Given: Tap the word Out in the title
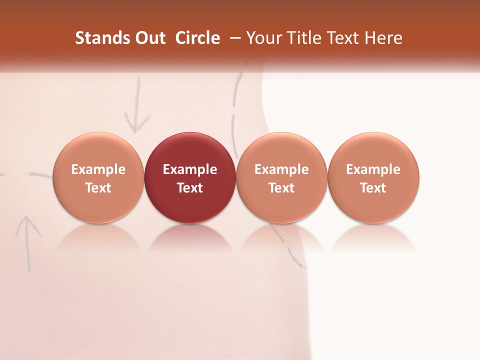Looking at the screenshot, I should pyautogui.click(x=148, y=38).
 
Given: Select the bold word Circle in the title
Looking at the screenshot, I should pyautogui.click(x=197, y=38).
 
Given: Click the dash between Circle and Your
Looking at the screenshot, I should pyautogui.click(x=234, y=38).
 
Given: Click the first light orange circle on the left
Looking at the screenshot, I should pyautogui.click(x=98, y=177).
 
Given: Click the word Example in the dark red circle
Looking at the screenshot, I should pyautogui.click(x=190, y=169).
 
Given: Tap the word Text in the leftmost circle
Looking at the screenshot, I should pyautogui.click(x=98, y=188).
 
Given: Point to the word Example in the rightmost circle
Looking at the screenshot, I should pyautogui.click(x=373, y=169).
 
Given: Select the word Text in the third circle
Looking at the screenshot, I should pyautogui.click(x=281, y=188).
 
